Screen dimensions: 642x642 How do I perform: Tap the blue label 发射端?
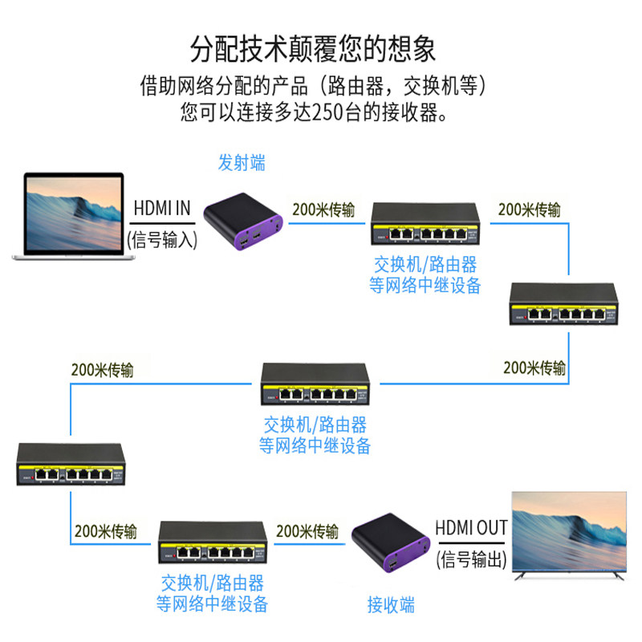click(242, 163)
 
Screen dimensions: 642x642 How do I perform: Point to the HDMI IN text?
click(161, 209)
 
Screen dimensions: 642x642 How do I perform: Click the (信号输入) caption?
click(161, 239)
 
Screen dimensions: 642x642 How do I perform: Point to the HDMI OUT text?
click(471, 528)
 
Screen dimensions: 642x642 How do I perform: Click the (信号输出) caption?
click(471, 559)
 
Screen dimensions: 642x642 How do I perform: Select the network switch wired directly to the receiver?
click(212, 543)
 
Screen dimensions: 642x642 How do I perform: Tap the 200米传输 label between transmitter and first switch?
click(323, 210)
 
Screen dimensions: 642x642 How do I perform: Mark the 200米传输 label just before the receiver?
click(307, 531)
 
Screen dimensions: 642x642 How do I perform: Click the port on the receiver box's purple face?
click(392, 568)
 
